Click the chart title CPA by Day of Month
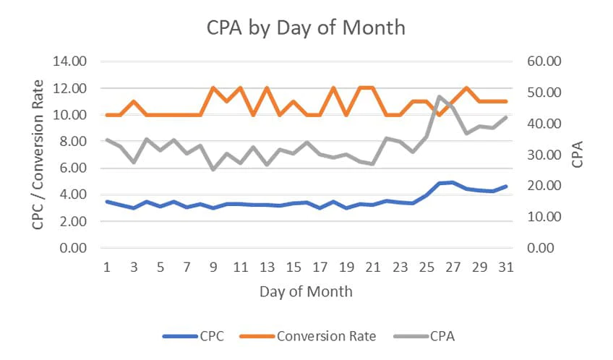tap(306, 28)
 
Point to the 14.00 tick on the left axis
tap(70, 61)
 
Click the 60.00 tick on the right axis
tap(544, 61)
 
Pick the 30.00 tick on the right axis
tap(544, 155)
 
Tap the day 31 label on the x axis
tap(506, 267)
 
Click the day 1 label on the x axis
tap(107, 267)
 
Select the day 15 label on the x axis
tap(293, 267)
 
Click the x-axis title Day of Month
tap(306, 292)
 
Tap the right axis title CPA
tap(578, 155)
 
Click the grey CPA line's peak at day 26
tap(440, 96)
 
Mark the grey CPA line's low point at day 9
tap(213, 169)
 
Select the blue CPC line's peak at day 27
tap(453, 182)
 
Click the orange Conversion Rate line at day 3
tap(134, 101)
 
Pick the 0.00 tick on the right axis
tap(546, 248)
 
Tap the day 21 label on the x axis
tap(372, 267)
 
